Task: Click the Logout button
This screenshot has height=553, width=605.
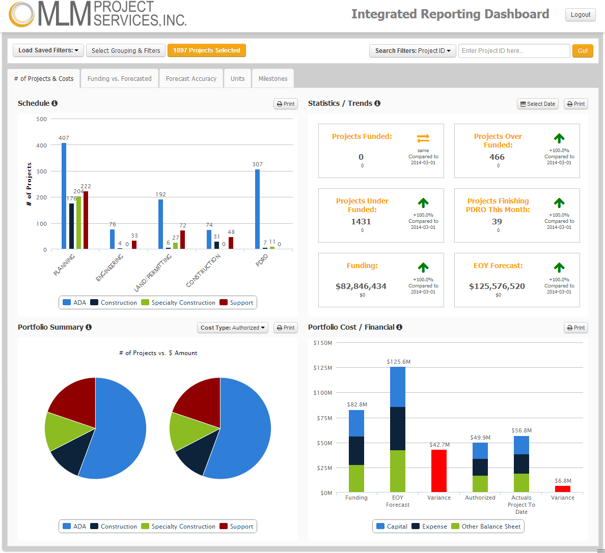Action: [x=580, y=15]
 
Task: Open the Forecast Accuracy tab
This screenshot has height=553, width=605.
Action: [x=191, y=79]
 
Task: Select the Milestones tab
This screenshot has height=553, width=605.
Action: [x=272, y=79]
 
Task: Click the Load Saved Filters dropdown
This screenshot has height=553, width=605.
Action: [x=48, y=50]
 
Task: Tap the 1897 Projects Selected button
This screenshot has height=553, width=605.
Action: [x=206, y=50]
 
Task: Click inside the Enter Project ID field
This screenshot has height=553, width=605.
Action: [x=513, y=51]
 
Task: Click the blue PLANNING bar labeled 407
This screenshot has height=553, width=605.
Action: [x=64, y=196]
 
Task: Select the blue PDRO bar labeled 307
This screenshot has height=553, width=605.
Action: [x=257, y=209]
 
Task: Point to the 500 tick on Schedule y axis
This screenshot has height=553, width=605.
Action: [x=42, y=119]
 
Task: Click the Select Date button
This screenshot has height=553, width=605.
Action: [x=537, y=104]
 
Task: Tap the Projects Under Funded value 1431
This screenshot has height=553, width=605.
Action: [x=361, y=222]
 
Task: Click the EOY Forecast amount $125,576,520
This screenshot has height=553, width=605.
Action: [x=497, y=286]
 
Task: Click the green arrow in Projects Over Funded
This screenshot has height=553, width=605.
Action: [x=559, y=138]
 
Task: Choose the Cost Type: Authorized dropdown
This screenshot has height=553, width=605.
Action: [x=233, y=328]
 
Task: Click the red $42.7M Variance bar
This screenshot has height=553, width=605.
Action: [x=438, y=471]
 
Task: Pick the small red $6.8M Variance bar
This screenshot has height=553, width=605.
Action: [x=562, y=489]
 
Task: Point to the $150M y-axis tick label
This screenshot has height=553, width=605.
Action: [x=323, y=343]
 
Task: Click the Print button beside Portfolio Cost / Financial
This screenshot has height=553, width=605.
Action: [x=575, y=328]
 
